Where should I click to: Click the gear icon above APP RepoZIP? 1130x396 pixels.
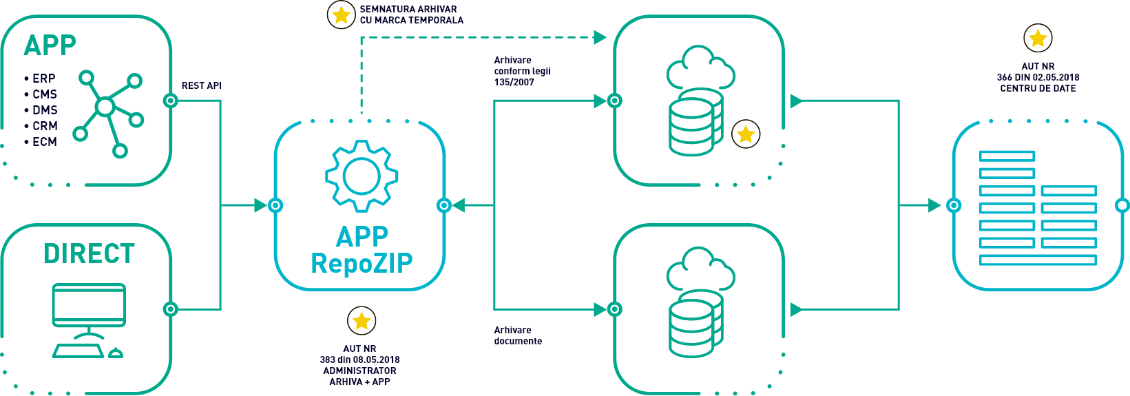[x=362, y=176]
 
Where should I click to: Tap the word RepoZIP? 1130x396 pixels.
[x=362, y=263]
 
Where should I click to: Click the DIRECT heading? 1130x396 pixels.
[x=89, y=253]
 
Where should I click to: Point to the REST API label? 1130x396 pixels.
[x=202, y=86]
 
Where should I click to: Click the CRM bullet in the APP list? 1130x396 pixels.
[x=42, y=126]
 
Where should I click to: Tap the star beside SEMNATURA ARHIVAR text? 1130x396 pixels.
[x=341, y=14]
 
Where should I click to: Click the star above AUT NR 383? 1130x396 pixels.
[x=362, y=320]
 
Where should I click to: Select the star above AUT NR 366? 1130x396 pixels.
[x=1038, y=38]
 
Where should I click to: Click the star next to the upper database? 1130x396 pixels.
[x=746, y=134]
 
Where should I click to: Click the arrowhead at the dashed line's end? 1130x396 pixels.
[x=600, y=37]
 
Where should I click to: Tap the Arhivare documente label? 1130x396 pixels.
[x=518, y=335]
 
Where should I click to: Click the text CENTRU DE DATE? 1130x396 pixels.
[x=1038, y=89]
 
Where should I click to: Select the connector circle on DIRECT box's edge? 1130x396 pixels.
[x=170, y=309]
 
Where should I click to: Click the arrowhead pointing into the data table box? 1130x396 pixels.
[x=934, y=205]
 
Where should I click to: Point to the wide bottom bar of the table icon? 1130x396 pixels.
[x=1037, y=260]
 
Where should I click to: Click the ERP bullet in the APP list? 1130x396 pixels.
[x=41, y=79]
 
